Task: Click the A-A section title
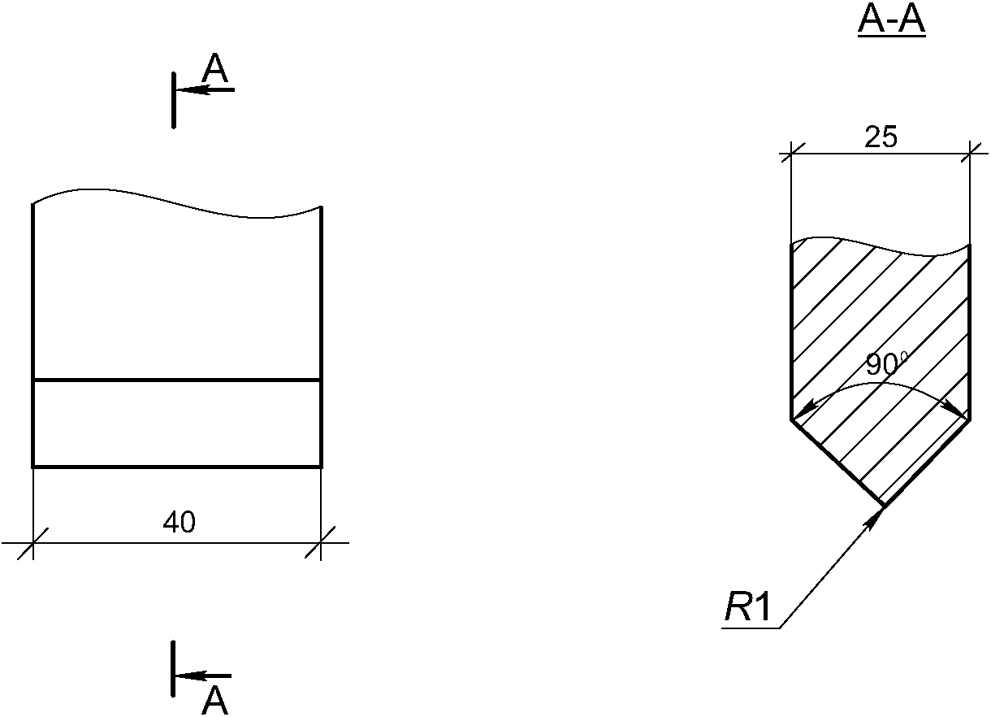click(x=891, y=21)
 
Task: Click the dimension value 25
click(x=881, y=137)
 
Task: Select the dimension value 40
click(x=180, y=522)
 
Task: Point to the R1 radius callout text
click(x=747, y=607)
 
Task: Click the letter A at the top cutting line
click(x=215, y=68)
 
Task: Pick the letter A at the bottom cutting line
click(x=215, y=701)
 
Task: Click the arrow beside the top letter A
click(x=206, y=90)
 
